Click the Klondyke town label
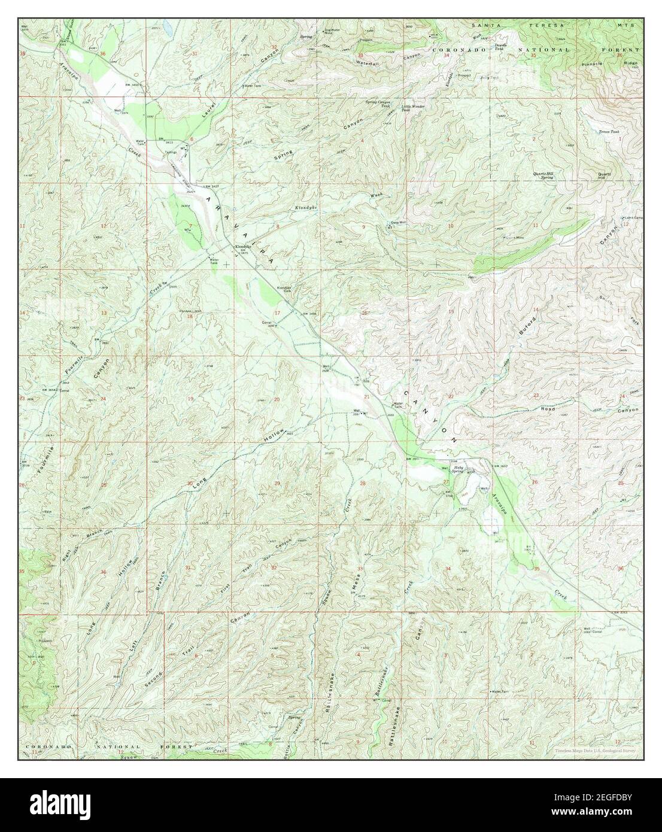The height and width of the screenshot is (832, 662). coord(242,247)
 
